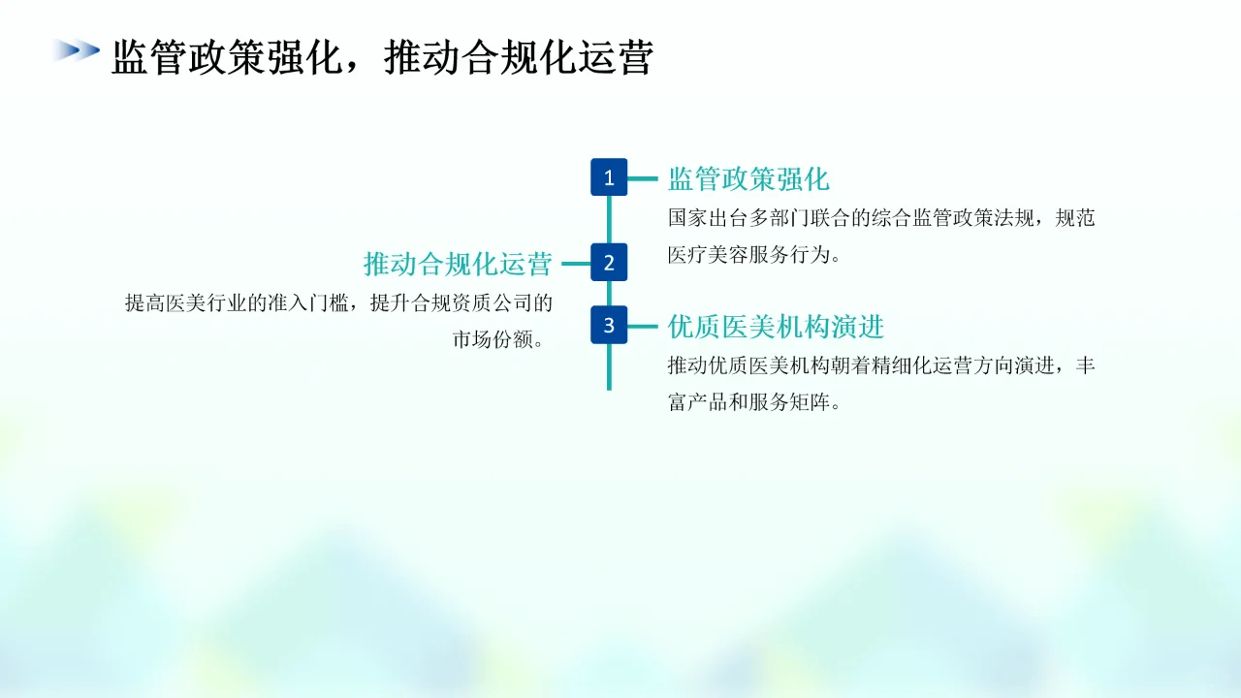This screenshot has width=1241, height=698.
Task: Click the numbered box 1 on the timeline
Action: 609,177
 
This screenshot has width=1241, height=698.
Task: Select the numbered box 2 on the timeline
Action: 609,262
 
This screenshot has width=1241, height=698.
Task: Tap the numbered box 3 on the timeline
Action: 609,325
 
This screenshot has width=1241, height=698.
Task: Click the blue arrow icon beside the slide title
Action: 77,50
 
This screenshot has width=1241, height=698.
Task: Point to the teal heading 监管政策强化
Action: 748,179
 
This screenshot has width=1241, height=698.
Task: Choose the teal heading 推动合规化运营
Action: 458,264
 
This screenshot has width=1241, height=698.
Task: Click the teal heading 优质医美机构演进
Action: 776,327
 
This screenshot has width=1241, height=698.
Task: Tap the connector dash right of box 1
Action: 643,178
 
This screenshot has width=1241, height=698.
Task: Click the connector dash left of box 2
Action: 576,263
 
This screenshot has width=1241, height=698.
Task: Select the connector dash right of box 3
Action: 643,327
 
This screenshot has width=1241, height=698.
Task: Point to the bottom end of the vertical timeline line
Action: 609,387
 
